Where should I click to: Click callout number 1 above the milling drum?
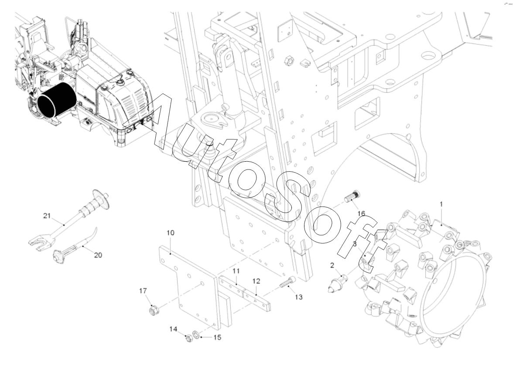[441, 204]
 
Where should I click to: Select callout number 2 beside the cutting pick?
[332, 265]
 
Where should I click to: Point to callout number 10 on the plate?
[171, 233]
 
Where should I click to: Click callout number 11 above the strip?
[236, 271]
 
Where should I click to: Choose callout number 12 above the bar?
[256, 281]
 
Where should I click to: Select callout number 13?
[298, 297]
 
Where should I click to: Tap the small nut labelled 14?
[188, 339]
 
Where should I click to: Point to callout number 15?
[217, 337]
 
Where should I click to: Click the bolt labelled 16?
[352, 197]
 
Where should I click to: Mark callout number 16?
[361, 213]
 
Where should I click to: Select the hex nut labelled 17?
[154, 310]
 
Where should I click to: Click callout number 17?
[143, 291]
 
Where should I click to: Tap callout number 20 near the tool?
[98, 255]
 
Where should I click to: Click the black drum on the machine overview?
[56, 101]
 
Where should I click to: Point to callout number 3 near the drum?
[354, 244]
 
